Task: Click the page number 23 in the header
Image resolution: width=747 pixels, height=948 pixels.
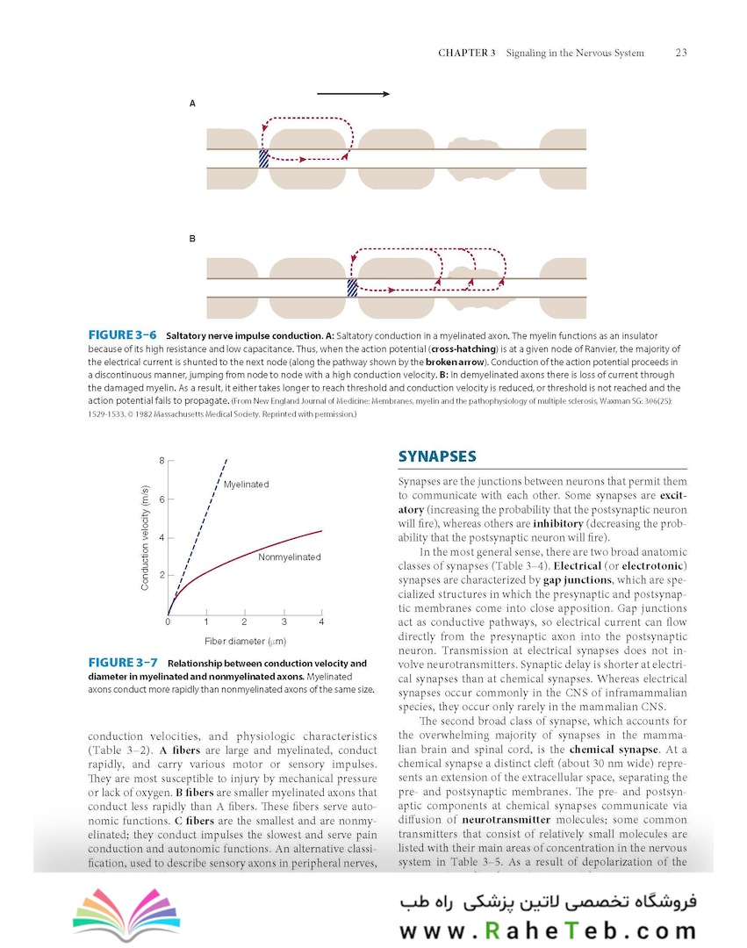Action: tap(680, 53)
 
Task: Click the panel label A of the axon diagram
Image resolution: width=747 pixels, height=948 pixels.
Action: tap(192, 104)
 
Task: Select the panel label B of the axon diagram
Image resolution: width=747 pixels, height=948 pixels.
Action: tap(192, 238)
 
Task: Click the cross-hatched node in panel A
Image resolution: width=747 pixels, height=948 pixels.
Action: tap(263, 158)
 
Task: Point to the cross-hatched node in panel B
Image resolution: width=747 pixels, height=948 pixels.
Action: tap(352, 287)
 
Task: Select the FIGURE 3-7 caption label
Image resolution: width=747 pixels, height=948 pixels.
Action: tap(123, 664)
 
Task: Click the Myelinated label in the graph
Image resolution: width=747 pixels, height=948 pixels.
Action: tap(246, 485)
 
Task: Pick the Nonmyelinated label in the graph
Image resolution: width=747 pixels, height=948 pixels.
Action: tap(289, 557)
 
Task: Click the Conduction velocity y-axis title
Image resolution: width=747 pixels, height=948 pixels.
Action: tap(146, 525)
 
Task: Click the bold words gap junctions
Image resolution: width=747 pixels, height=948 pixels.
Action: tap(578, 580)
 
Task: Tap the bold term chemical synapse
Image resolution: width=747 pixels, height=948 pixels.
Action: tap(614, 750)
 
